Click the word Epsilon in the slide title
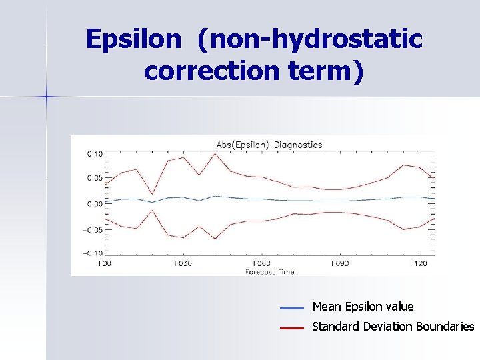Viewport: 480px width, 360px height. (133, 40)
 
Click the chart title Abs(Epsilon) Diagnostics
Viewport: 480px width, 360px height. (269, 145)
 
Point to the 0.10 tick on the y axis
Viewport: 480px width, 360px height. (95, 153)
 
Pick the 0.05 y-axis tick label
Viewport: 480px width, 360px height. (95, 178)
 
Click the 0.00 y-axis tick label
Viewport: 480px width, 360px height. (95, 203)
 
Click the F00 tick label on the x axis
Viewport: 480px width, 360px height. (105, 263)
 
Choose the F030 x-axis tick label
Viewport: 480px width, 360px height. (183, 263)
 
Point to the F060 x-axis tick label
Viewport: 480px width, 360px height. (261, 263)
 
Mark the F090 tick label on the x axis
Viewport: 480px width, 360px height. (340, 263)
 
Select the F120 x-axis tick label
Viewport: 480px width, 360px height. (418, 263)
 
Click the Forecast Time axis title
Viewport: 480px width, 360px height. (269, 272)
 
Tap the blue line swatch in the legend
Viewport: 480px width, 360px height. (292, 308)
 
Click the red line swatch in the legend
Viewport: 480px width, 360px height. (292, 328)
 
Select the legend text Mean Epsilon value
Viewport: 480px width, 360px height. (363, 307)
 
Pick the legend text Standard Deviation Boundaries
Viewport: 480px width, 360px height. (393, 327)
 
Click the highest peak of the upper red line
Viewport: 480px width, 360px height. (215, 153)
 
